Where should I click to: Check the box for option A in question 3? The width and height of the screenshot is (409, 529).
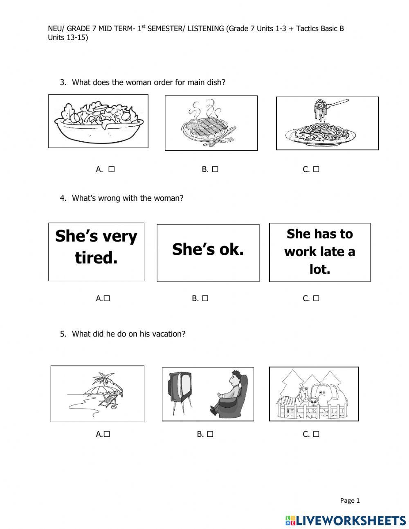(x=111, y=169)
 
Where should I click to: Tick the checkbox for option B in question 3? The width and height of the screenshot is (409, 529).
(x=215, y=169)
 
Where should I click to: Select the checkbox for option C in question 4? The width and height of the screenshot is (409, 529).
(x=316, y=299)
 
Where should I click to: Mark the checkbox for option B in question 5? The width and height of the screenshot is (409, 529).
(x=210, y=434)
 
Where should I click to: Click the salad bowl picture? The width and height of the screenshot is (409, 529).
(x=98, y=121)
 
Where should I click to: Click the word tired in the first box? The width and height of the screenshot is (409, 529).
(x=96, y=258)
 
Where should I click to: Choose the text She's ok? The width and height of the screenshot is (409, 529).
(x=208, y=249)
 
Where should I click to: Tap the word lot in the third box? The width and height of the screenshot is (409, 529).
(x=320, y=269)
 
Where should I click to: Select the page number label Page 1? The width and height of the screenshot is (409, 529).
(x=350, y=500)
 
